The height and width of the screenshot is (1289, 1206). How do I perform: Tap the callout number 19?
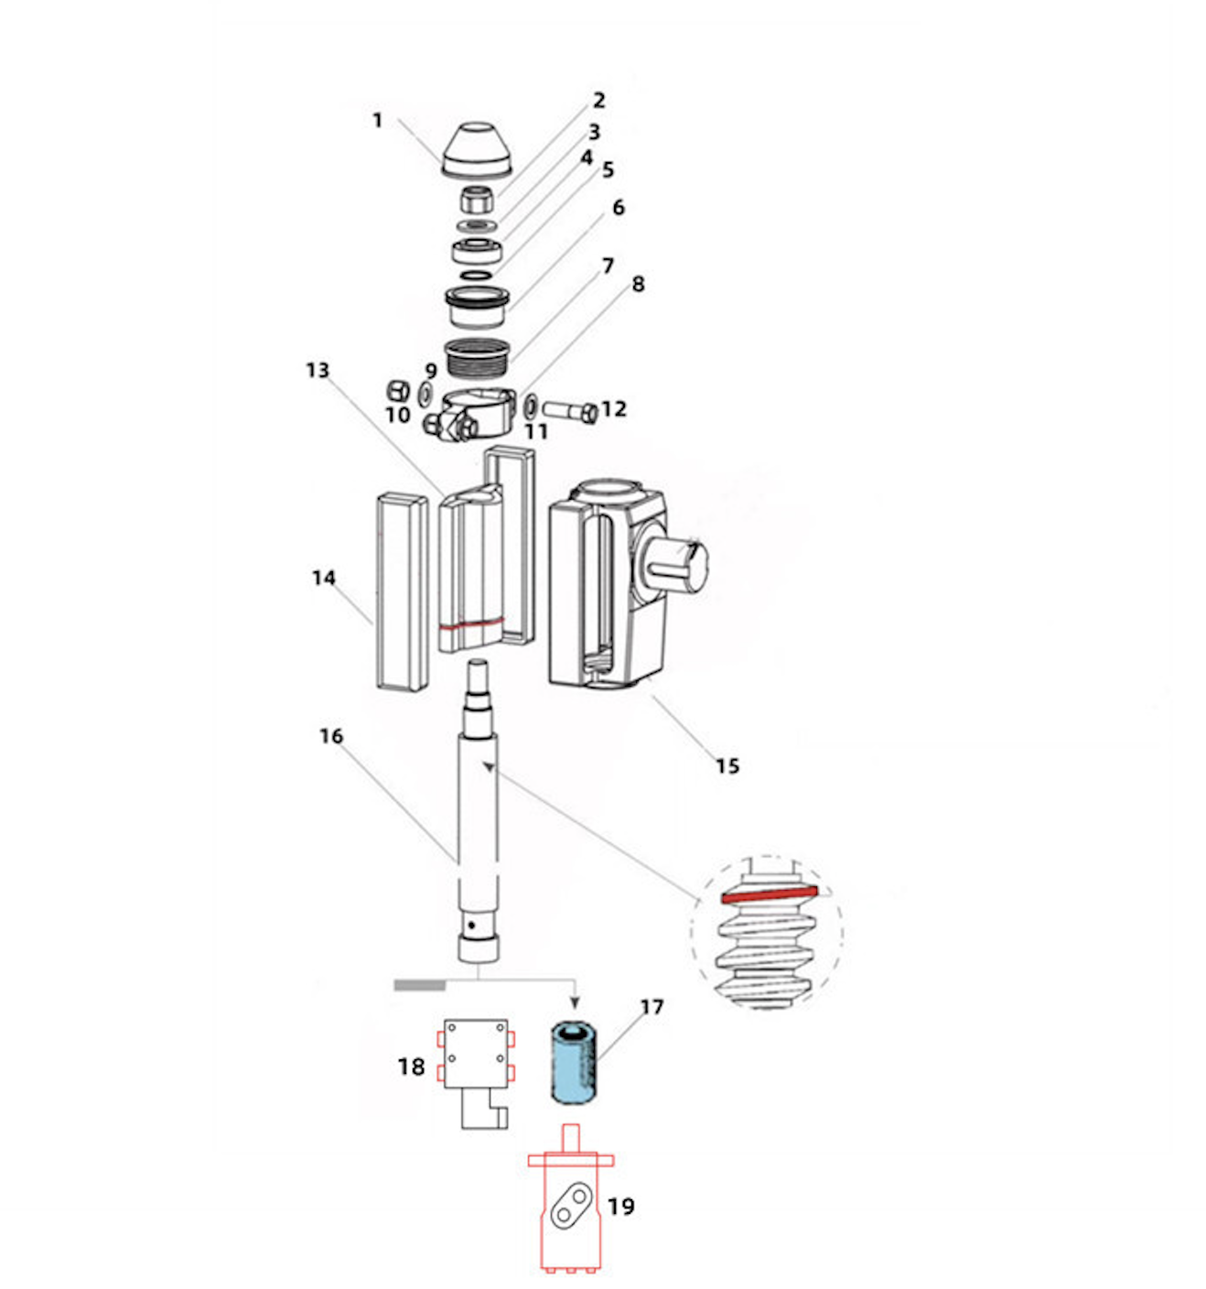point(620,1207)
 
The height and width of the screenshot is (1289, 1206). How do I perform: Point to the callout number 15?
point(727,766)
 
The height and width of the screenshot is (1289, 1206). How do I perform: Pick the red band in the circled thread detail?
point(768,894)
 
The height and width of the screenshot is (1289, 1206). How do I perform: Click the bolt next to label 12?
point(569,411)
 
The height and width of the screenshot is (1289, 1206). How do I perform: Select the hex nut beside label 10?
point(398,390)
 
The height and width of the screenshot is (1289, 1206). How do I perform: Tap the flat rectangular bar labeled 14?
point(402,591)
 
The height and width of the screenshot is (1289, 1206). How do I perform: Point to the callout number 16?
point(330,736)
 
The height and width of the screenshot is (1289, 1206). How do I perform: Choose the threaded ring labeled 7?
point(477,355)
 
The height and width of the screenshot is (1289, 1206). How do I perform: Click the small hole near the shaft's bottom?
point(471,926)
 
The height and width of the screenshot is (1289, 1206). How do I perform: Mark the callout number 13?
point(317,370)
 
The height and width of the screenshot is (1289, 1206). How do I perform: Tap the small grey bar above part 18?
point(419,985)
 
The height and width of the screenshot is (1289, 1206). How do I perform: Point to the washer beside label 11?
point(531,403)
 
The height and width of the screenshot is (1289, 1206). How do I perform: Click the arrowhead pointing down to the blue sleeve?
point(574,1002)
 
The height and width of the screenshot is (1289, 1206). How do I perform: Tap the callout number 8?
point(638,285)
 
